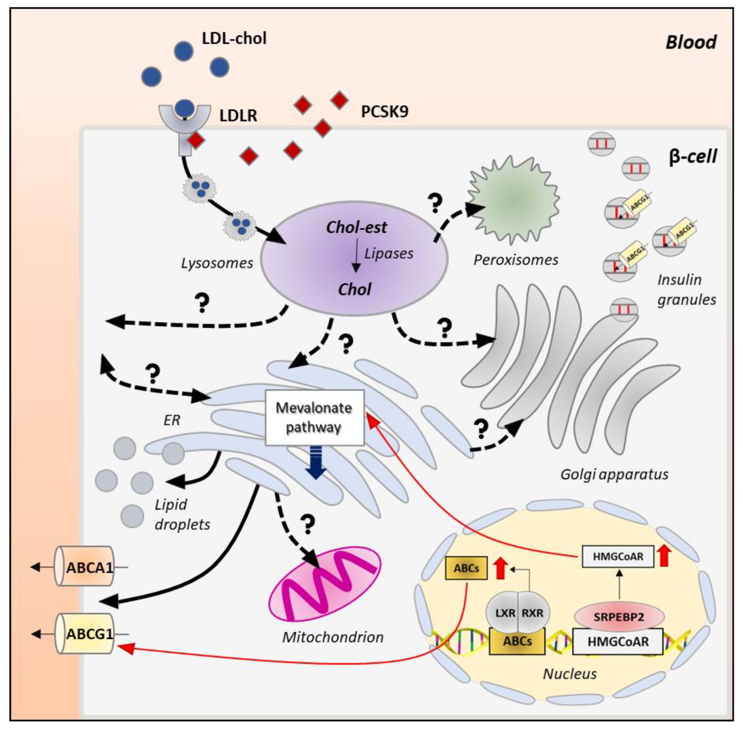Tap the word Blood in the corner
(x=691, y=42)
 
